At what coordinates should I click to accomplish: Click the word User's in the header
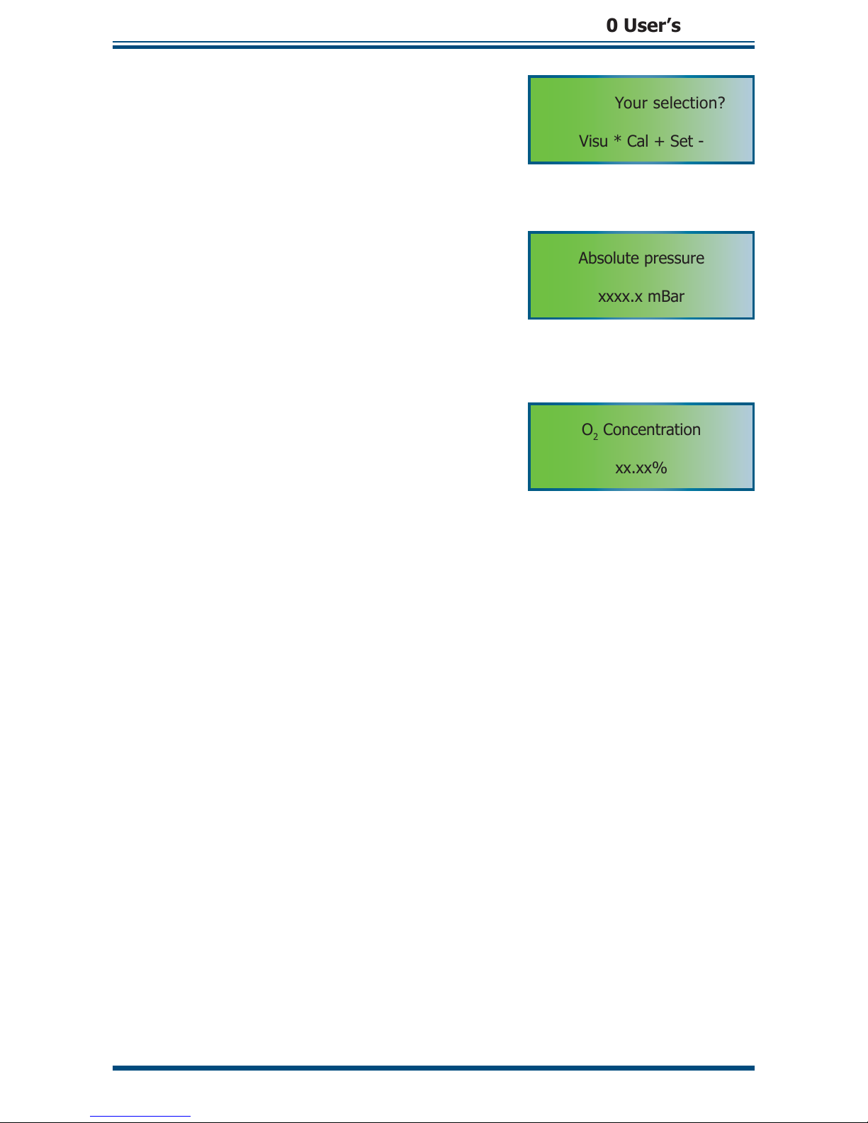coord(652,26)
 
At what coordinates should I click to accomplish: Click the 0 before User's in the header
coord(611,26)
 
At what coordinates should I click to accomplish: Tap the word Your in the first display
coord(631,103)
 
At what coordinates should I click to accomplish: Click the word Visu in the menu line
coord(593,141)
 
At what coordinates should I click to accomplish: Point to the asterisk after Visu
coord(617,140)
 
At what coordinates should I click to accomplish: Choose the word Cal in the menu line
coord(638,141)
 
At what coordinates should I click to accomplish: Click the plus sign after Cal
coord(659,142)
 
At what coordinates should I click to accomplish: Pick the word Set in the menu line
coord(681,141)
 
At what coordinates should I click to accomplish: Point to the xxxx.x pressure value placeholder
coord(620,297)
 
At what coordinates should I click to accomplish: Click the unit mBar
coord(666,296)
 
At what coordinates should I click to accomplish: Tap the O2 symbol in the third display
coord(590,431)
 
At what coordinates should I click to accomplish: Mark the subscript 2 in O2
coord(596,436)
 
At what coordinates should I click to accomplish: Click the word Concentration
coord(652,429)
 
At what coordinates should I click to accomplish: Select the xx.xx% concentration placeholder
coord(641,468)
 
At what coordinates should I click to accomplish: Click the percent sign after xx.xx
coord(660,468)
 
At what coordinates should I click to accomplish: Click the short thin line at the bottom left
coord(140,1116)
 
